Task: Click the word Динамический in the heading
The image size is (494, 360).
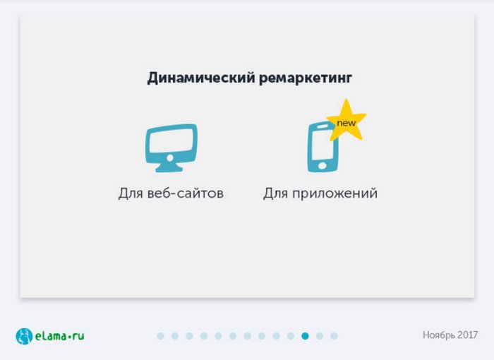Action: (201, 78)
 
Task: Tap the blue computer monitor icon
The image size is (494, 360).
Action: (171, 148)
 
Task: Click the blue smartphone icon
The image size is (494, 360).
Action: (322, 148)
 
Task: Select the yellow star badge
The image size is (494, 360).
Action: (347, 121)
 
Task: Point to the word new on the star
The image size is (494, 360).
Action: (347, 123)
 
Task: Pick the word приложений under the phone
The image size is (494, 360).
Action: (335, 193)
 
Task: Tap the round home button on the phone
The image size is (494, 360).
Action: (322, 165)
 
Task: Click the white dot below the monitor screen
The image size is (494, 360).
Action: (170, 158)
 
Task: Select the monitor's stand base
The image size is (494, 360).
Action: (169, 169)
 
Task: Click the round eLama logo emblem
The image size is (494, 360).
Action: (24, 336)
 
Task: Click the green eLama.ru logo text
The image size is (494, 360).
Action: (59, 336)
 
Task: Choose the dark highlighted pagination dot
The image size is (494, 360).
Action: (305, 336)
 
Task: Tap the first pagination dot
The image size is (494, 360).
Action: (160, 336)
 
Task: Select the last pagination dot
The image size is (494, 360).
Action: (334, 336)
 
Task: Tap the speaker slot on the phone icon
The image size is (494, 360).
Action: (322, 126)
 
